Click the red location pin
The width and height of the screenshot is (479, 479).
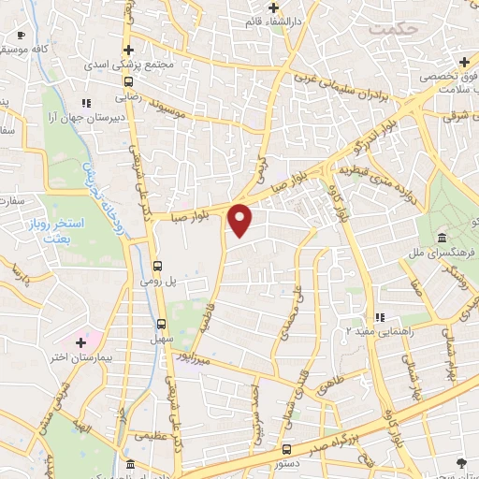[240, 220]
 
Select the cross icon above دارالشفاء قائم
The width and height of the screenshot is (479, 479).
[273, 7]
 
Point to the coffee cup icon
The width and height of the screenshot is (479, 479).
[21, 36]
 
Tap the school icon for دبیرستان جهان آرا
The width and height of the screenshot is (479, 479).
[86, 103]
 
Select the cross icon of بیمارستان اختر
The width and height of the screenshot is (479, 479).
[80, 344]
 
